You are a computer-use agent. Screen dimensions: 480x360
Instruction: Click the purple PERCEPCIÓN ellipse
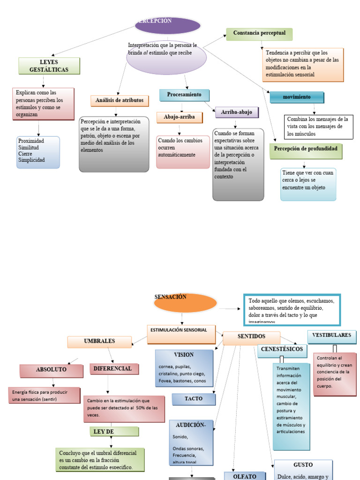(x=168, y=26)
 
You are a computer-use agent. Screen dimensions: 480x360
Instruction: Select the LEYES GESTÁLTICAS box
(x=49, y=66)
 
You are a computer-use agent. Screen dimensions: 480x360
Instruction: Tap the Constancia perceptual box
(x=259, y=34)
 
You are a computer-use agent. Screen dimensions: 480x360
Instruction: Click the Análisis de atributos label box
(x=120, y=101)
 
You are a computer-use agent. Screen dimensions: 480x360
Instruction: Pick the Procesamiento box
(x=184, y=95)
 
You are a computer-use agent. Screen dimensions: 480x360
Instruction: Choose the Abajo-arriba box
(x=180, y=117)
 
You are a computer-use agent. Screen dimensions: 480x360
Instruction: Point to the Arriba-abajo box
(x=237, y=112)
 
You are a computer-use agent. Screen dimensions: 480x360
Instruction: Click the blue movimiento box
(x=296, y=97)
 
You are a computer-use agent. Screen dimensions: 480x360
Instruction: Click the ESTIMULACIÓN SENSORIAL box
(x=181, y=330)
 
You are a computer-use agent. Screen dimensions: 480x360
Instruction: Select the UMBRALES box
(x=99, y=342)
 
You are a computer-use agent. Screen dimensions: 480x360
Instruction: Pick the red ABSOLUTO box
(x=51, y=370)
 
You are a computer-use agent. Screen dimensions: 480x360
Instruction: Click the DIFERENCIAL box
(x=112, y=369)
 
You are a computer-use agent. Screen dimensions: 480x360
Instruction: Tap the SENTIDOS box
(x=251, y=337)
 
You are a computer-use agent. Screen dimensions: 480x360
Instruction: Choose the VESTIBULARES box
(x=331, y=336)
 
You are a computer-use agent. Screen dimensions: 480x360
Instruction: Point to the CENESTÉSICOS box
(x=282, y=350)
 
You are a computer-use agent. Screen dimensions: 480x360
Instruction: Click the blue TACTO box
(x=194, y=399)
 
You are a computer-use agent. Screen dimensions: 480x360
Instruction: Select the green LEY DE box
(x=114, y=431)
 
